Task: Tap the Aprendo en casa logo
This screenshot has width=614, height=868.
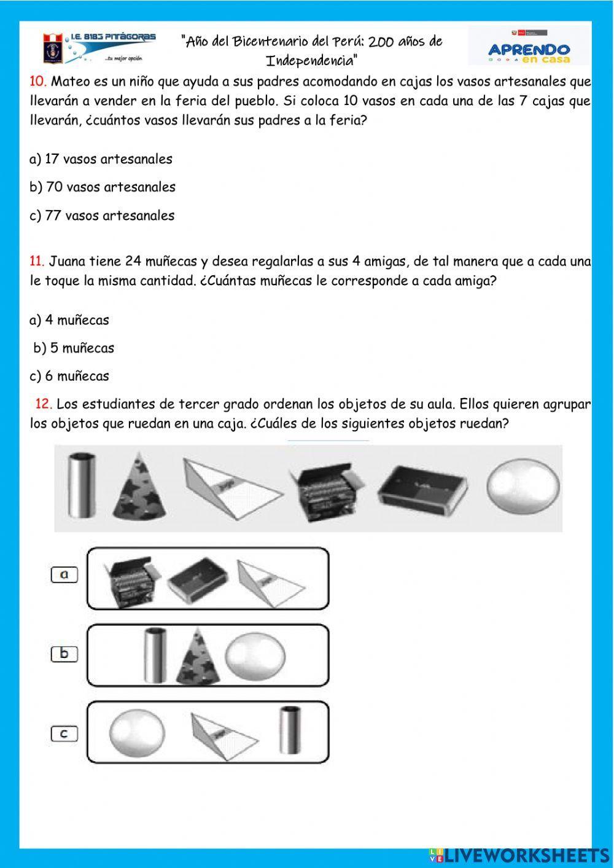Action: click(529, 47)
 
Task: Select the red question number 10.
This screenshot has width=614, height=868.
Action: click(37, 81)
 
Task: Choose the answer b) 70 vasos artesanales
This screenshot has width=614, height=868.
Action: click(102, 187)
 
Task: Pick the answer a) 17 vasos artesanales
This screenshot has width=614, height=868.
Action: click(101, 158)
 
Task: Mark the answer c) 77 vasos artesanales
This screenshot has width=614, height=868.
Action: click(102, 215)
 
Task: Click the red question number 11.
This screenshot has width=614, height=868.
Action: click(37, 262)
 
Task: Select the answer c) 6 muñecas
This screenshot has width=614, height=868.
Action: click(69, 376)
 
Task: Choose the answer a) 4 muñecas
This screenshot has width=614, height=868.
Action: click(69, 319)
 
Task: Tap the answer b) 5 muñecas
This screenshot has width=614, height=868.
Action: click(74, 348)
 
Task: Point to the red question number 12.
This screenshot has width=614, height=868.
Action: click(43, 404)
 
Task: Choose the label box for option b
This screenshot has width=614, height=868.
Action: click(64, 654)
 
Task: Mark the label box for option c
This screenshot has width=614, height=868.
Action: click(64, 733)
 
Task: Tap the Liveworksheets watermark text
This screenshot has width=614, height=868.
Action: click(519, 855)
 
